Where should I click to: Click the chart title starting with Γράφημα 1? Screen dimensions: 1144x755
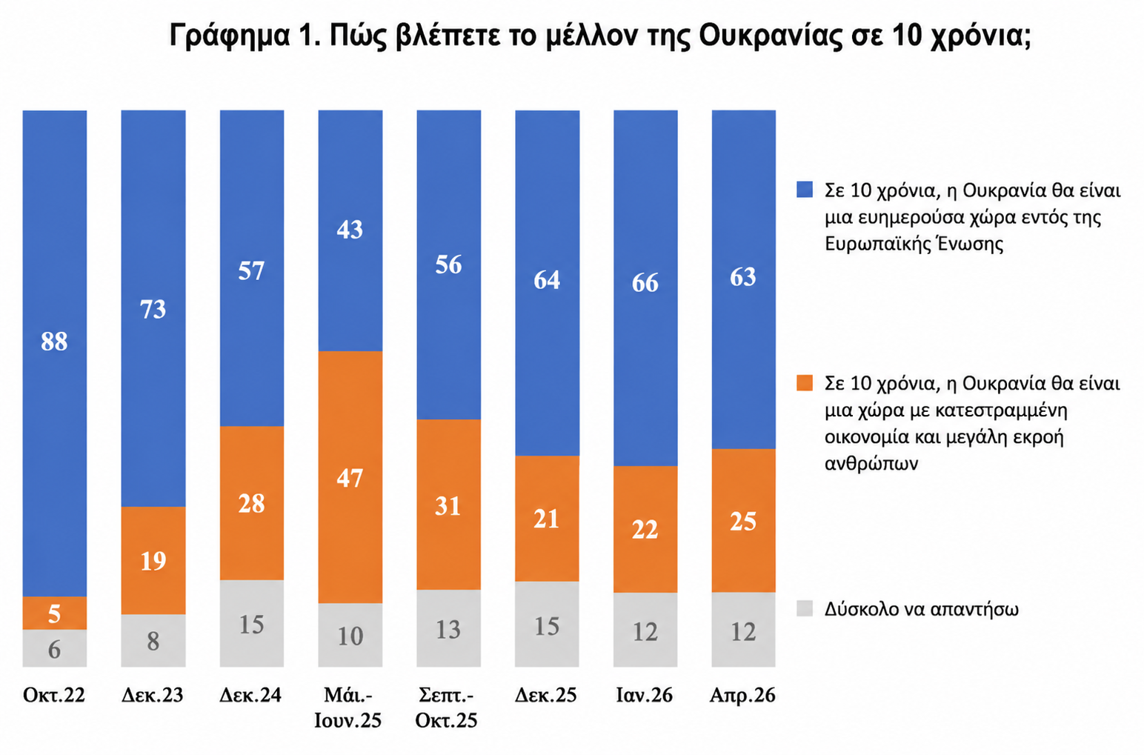pos(600,36)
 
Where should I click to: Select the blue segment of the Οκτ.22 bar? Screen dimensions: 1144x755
pos(55,353)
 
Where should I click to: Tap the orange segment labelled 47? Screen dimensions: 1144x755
pos(350,477)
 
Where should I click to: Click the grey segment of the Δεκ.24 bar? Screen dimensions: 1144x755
pos(252,623)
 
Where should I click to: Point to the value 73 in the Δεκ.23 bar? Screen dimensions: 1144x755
pos(153,310)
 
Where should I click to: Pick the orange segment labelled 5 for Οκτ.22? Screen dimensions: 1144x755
pos(55,613)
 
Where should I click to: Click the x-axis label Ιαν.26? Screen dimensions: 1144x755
pos(645,695)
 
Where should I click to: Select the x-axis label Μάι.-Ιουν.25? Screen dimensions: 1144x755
pos(348,708)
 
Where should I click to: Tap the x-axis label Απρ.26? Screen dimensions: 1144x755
pos(742,695)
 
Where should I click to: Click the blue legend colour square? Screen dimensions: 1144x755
pos(805,190)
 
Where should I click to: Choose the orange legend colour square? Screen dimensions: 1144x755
pos(805,383)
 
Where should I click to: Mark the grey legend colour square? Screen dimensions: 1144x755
pos(805,608)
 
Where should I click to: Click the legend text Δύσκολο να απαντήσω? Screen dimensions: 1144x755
pos(921,609)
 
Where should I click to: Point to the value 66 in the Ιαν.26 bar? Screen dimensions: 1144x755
pos(645,283)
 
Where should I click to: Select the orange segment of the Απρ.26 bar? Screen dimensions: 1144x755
pos(744,521)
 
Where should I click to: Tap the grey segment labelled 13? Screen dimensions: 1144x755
pos(448,628)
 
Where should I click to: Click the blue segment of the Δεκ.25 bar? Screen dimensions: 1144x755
pos(547,283)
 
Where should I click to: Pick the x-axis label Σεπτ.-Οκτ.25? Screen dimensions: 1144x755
pos(446,708)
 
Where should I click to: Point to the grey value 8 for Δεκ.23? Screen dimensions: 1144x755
pos(153,642)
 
